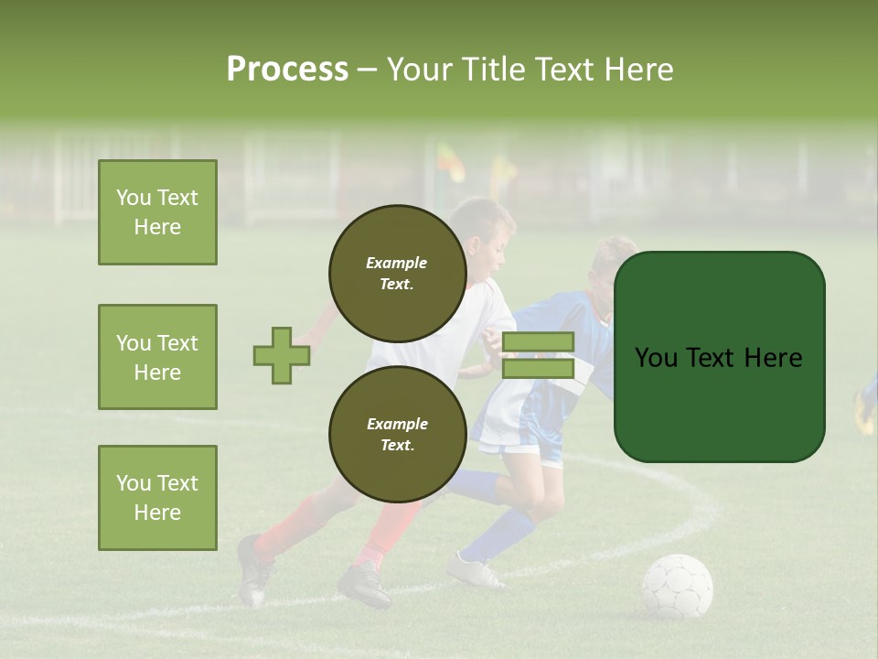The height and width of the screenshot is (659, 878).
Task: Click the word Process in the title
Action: point(287,70)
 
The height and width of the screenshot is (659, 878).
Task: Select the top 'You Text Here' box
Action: point(157,212)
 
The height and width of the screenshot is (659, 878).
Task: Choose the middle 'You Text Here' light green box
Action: point(157,357)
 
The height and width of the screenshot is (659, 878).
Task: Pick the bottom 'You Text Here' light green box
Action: point(157,498)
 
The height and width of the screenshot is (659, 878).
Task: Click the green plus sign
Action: point(282,355)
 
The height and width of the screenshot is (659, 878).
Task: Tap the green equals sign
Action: point(538,355)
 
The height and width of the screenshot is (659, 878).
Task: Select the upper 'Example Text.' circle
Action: point(397,273)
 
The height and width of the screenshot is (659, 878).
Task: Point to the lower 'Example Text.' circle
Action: point(397,434)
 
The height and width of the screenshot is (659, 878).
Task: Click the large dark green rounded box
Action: point(719,357)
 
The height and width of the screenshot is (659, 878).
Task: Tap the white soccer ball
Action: point(677,586)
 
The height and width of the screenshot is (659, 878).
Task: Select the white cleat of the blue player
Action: point(474,571)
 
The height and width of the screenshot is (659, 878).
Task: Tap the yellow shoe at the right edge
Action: point(864,412)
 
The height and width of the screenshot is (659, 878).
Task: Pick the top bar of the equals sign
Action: point(538,341)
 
